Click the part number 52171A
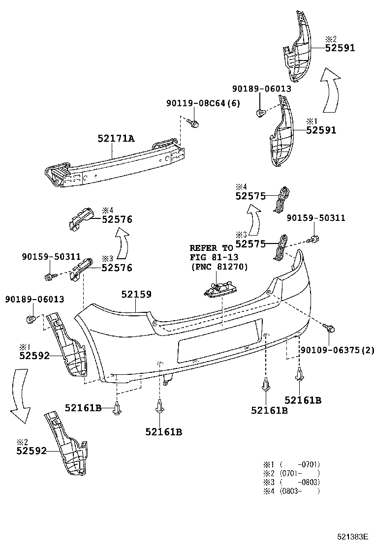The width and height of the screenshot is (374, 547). (x=115, y=139)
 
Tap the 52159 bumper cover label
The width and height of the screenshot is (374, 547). (x=136, y=295)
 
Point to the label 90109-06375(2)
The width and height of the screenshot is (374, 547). (x=337, y=350)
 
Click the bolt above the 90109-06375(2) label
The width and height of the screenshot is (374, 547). (x=329, y=327)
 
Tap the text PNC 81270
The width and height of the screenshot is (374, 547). (x=218, y=267)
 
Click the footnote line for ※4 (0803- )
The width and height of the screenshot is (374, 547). (x=292, y=490)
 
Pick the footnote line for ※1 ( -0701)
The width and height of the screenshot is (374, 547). (x=292, y=464)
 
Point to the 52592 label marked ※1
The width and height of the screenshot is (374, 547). (x=34, y=355)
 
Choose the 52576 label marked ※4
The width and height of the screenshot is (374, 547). (x=117, y=219)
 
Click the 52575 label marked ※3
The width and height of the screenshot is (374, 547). (x=250, y=243)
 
